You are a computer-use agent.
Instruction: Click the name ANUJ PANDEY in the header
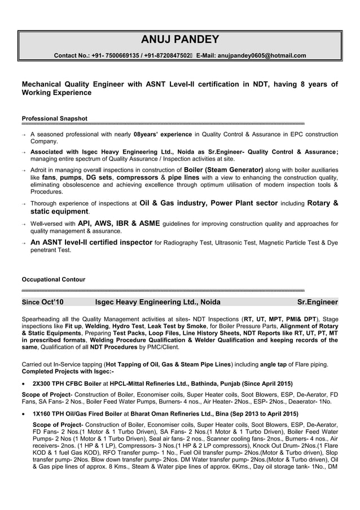pyautogui.click(x=179, y=40)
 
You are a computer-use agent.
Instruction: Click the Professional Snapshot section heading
pyautogui.click(x=54, y=119)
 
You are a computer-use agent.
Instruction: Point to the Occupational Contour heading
pyautogui.click(x=53, y=280)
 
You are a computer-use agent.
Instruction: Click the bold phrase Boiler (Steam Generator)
pyautogui.click(x=224, y=169)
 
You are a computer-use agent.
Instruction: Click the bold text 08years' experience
pyautogui.click(x=163, y=134)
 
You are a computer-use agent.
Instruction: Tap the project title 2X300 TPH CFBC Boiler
pyautogui.click(x=72, y=382)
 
